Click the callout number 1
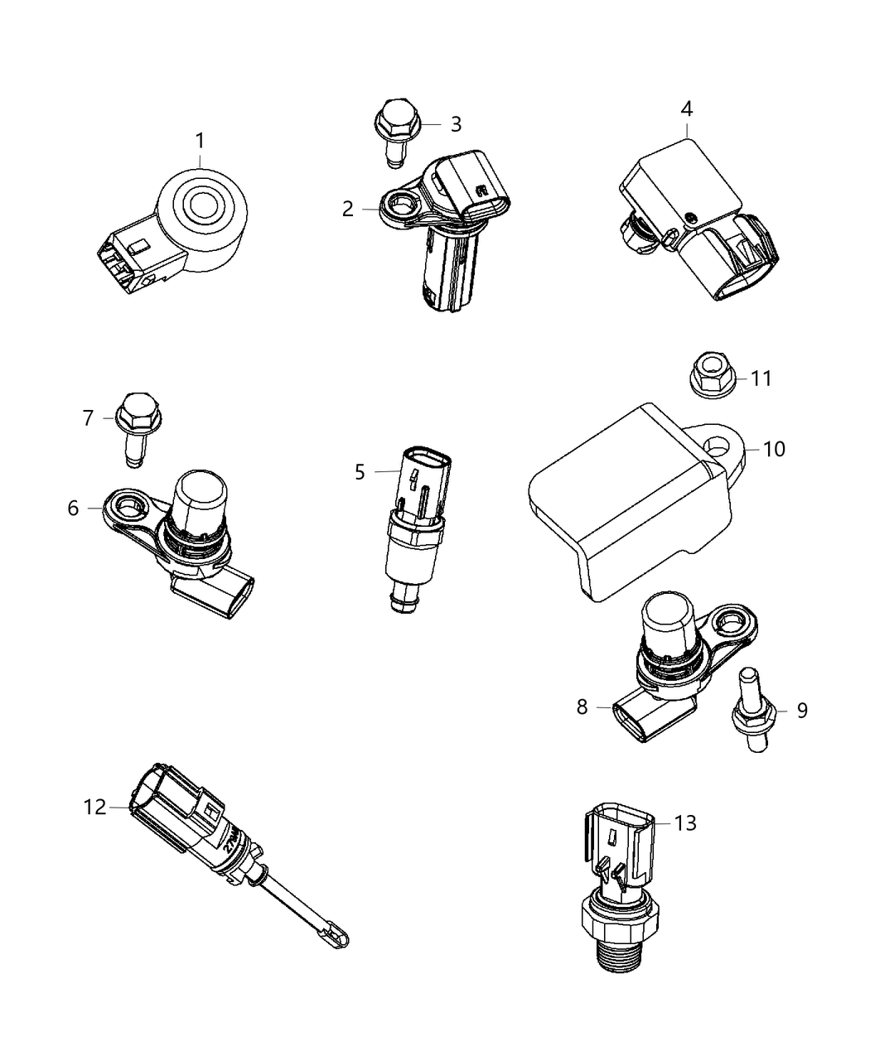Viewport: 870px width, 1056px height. tap(200, 141)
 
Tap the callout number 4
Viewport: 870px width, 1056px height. tap(687, 109)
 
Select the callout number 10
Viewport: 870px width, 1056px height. tap(774, 449)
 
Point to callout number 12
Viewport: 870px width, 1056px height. tap(95, 806)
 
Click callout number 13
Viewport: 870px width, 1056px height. tap(685, 822)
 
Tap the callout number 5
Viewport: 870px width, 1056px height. tap(360, 472)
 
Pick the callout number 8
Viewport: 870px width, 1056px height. tap(582, 706)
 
